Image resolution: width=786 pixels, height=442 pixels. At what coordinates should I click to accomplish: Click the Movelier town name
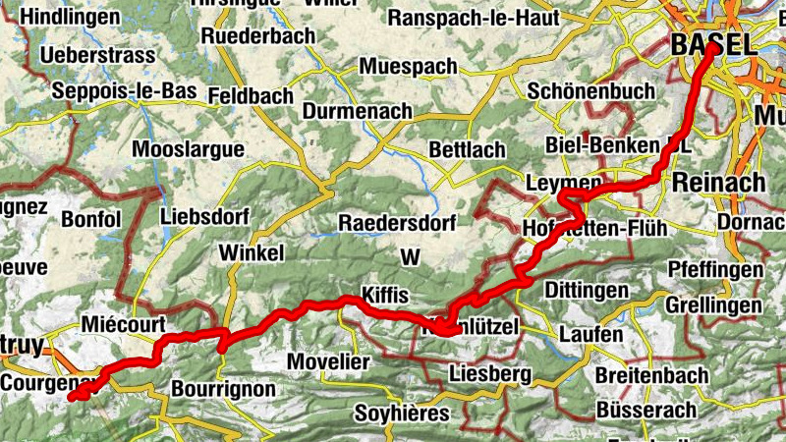[x=329, y=360]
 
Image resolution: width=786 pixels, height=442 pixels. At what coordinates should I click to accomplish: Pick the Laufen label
[x=590, y=335]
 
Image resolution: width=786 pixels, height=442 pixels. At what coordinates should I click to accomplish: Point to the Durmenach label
[x=357, y=112]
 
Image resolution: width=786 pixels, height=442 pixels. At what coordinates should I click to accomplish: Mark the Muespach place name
[x=409, y=67]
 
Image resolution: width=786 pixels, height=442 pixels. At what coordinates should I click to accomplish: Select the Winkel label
[x=253, y=252]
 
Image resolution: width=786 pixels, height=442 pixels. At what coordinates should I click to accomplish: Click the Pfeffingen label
[x=715, y=269]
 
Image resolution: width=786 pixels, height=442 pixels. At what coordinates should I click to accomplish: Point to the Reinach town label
[x=718, y=182]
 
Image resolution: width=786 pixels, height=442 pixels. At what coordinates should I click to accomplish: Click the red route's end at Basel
[x=709, y=46]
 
